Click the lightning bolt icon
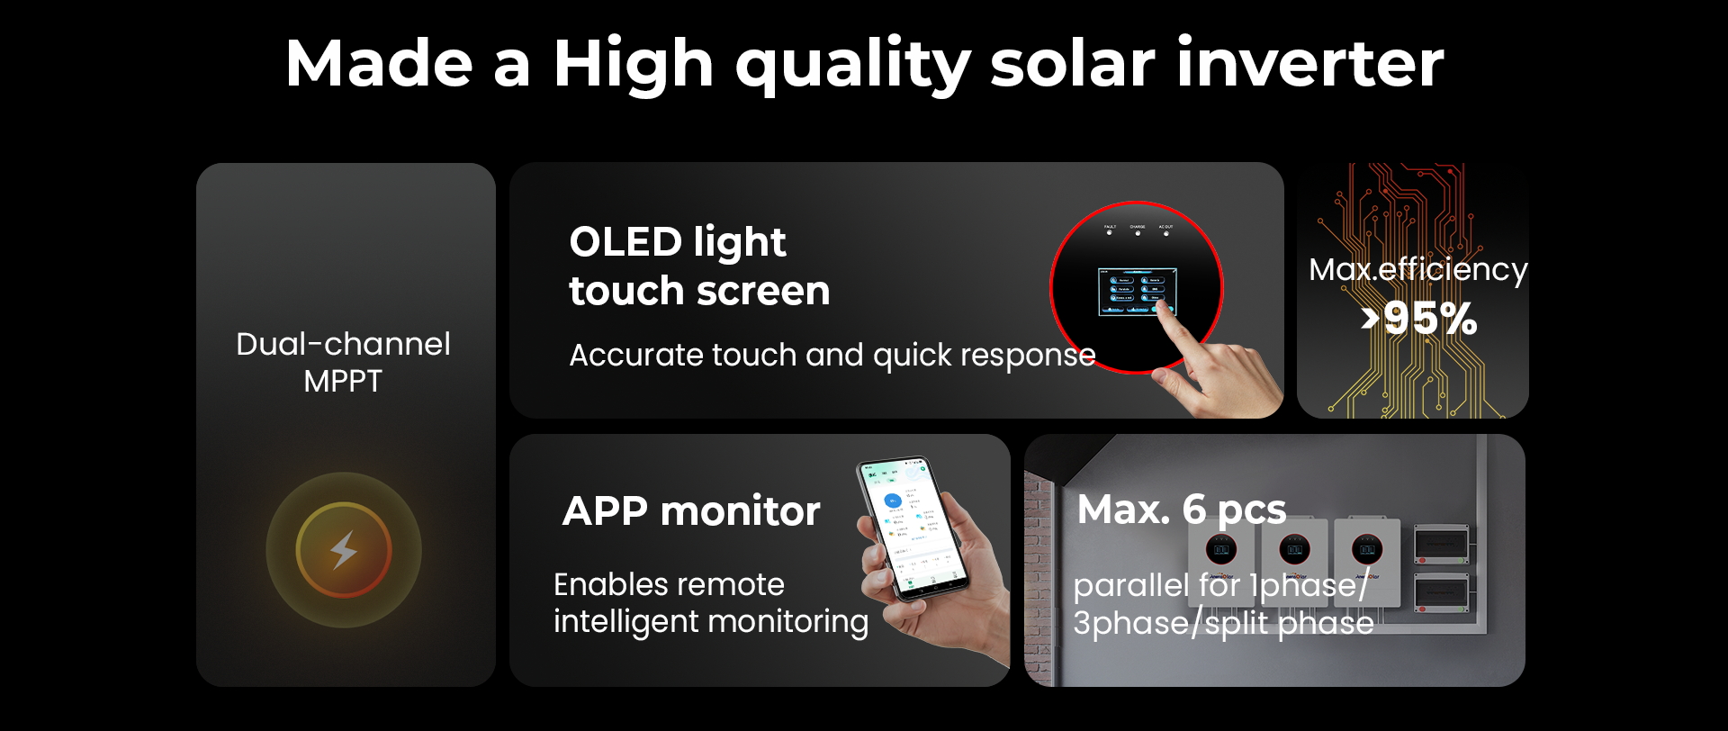point(344,550)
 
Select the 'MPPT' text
point(343,382)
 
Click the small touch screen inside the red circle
point(1137,291)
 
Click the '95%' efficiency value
point(1430,319)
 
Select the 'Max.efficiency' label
point(1417,269)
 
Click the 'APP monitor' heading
point(691,511)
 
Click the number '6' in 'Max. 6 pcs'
point(1193,510)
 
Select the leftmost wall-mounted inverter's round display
point(1221,549)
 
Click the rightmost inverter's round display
point(1367,549)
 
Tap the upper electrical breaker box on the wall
point(1441,544)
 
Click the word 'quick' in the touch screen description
point(913,356)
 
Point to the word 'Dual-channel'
point(343,345)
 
